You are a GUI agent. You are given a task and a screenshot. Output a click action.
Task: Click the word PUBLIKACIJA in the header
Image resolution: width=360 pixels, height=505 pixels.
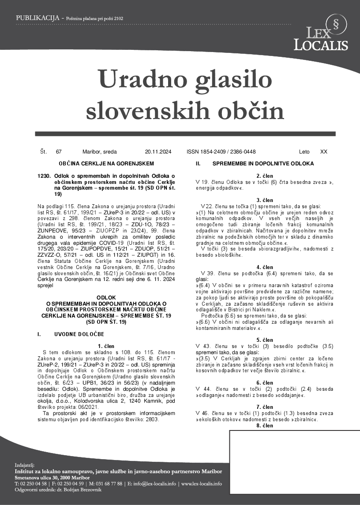(x=37, y=18)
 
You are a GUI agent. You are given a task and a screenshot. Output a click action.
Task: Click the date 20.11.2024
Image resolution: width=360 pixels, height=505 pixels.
(x=158, y=152)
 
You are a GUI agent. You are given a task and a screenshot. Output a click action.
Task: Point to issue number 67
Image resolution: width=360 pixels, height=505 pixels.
(x=59, y=152)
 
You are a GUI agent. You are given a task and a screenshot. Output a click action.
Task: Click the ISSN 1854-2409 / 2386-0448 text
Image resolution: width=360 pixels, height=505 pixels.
(x=221, y=152)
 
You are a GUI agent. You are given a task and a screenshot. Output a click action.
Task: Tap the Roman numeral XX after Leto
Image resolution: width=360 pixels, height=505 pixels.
(x=323, y=152)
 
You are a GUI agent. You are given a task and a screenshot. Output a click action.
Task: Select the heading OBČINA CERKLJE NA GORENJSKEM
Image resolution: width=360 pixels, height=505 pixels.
(x=106, y=164)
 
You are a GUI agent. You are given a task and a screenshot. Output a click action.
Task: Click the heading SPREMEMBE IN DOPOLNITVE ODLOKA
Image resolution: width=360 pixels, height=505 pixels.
(x=263, y=164)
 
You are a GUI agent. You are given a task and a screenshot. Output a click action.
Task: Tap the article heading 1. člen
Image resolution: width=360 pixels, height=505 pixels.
(x=106, y=346)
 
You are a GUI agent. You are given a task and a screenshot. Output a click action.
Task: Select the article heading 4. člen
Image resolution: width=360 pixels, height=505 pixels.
(x=265, y=267)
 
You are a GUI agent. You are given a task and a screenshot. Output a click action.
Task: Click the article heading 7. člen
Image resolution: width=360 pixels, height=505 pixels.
(x=265, y=407)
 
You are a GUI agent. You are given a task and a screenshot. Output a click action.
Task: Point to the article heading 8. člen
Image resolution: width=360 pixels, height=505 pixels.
(x=265, y=426)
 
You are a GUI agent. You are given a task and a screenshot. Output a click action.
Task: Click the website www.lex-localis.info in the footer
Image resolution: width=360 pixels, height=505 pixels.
(x=202, y=484)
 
